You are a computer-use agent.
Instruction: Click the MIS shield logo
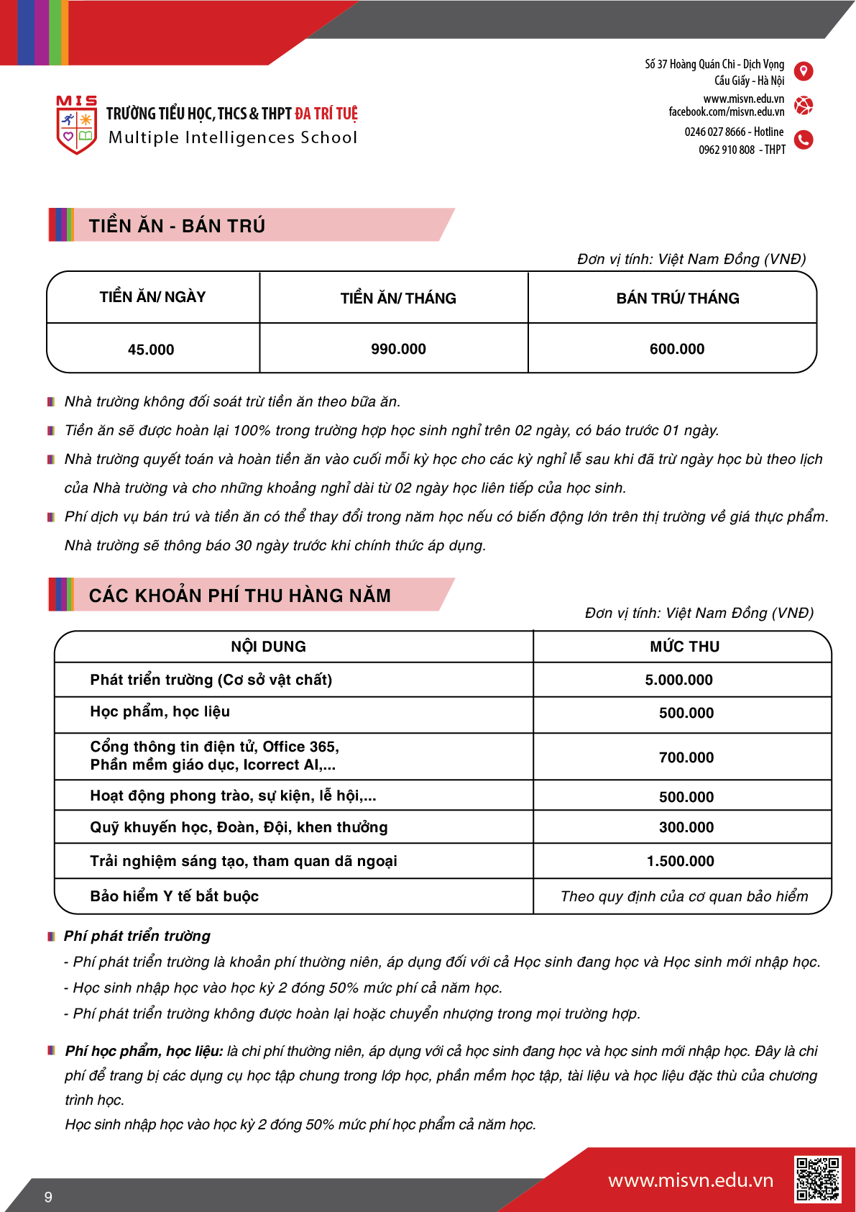tap(76, 125)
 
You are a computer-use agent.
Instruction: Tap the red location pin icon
tap(804, 71)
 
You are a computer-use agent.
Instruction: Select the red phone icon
tap(804, 140)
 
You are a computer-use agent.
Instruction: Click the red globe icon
tap(804, 106)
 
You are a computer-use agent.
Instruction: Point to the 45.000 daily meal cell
tap(151, 350)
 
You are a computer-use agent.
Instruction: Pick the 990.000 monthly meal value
tap(398, 349)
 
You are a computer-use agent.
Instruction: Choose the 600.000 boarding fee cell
tap(677, 349)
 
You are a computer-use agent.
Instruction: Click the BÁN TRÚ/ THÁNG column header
tap(678, 299)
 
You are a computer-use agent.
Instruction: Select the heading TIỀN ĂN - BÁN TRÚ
tap(177, 226)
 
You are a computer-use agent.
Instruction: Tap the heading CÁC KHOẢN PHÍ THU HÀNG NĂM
tap(240, 596)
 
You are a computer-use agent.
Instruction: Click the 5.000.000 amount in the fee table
tap(678, 680)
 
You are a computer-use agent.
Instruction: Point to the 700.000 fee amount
tap(686, 757)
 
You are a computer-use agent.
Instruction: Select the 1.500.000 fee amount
tap(680, 861)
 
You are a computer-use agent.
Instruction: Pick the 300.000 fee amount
tap(686, 827)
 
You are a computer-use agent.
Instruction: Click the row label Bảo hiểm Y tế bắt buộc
tap(174, 896)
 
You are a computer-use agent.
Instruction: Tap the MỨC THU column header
tap(684, 647)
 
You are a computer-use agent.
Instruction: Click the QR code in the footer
tap(817, 1179)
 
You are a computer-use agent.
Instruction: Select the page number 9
tap(48, 1197)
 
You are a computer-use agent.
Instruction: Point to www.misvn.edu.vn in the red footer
tap(691, 1180)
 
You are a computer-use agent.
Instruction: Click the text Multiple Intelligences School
tap(232, 137)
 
